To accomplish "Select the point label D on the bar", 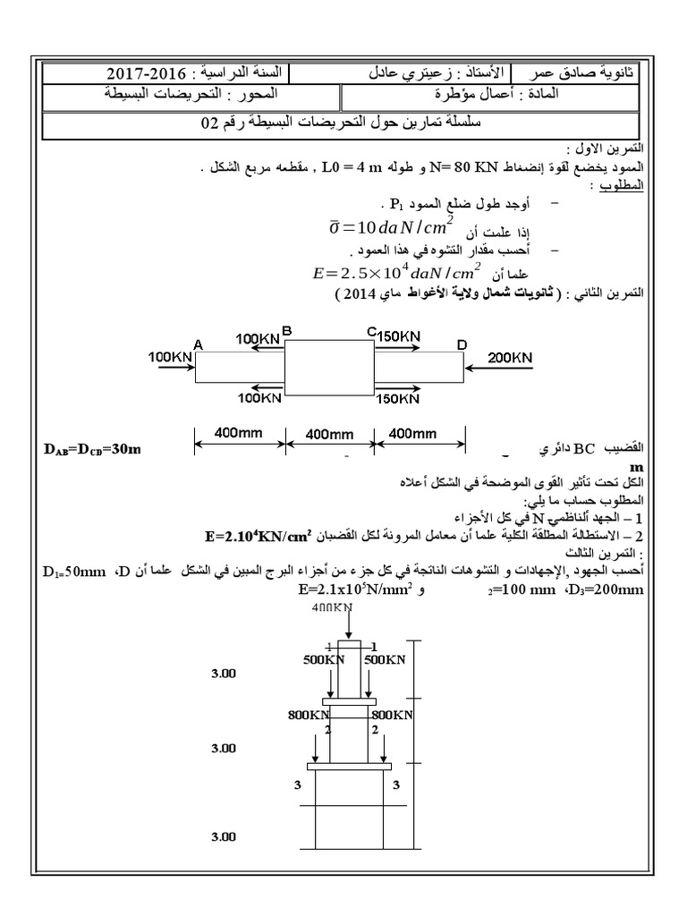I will [x=462, y=344].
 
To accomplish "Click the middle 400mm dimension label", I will [x=331, y=434].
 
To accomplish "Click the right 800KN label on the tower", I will [x=391, y=715].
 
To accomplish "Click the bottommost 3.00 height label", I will [x=224, y=836].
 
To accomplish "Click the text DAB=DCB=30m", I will [x=93, y=447].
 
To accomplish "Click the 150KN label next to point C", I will [x=398, y=336].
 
